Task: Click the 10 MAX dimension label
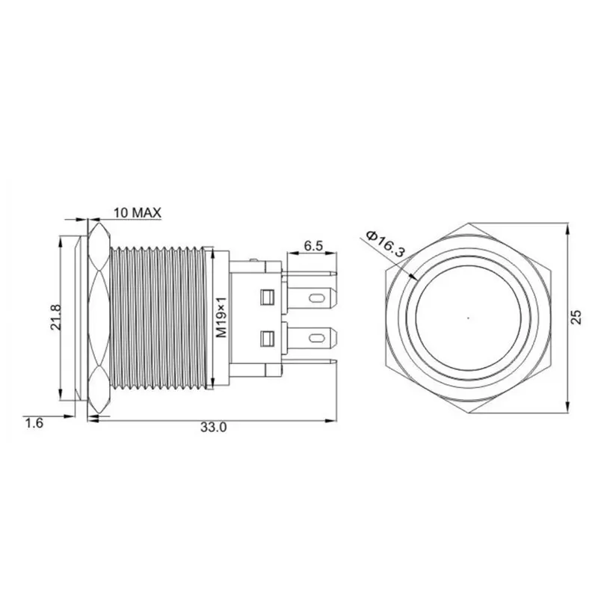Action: (x=138, y=212)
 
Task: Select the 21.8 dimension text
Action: (x=55, y=317)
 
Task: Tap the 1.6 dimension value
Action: (x=34, y=423)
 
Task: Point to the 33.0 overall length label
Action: (x=214, y=428)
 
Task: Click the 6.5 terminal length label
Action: (x=313, y=246)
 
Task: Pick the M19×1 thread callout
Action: (x=221, y=318)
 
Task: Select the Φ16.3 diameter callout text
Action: (x=385, y=245)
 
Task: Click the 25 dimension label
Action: (x=577, y=317)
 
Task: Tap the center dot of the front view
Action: (x=469, y=317)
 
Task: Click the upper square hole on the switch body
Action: (x=268, y=298)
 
